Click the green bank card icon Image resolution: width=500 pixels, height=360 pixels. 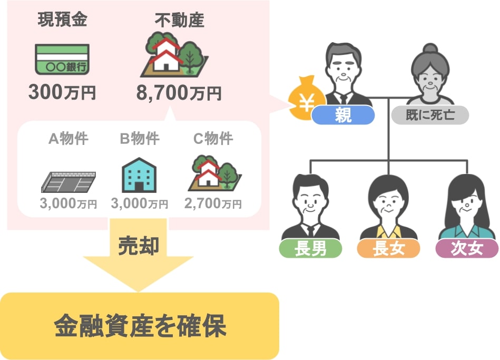pyautogui.click(x=62, y=59)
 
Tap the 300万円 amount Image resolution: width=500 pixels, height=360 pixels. pyautogui.click(x=62, y=92)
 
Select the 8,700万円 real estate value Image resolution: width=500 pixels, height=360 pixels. pyautogui.click(x=179, y=93)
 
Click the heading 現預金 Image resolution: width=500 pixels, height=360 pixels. pyautogui.click(x=62, y=19)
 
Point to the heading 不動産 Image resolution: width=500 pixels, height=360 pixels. pyautogui.click(x=179, y=20)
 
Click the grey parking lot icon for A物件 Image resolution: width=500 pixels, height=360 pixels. pyautogui.click(x=68, y=182)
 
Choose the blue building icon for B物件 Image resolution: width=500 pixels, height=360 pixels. pyautogui.click(x=139, y=175)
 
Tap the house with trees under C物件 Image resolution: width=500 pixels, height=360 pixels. pyautogui.click(x=214, y=173)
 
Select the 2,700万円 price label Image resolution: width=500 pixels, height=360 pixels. pyautogui.click(x=213, y=203)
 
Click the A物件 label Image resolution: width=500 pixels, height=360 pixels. pyautogui.click(x=68, y=139)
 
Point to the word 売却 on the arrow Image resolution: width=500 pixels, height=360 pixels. pyautogui.click(x=139, y=246)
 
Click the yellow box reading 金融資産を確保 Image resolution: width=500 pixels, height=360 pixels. pyautogui.click(x=139, y=326)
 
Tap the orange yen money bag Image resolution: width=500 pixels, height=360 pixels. pyautogui.click(x=306, y=98)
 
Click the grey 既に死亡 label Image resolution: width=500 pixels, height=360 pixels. pyautogui.click(x=430, y=115)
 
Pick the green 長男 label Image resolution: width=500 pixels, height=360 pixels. pyautogui.click(x=310, y=248)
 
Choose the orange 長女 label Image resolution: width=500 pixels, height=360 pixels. pyautogui.click(x=388, y=248)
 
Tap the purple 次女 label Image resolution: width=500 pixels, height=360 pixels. pyautogui.click(x=467, y=248)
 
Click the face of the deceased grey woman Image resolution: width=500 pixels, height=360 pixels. pyautogui.click(x=430, y=79)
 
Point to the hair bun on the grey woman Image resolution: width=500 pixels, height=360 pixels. pyautogui.click(x=430, y=48)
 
